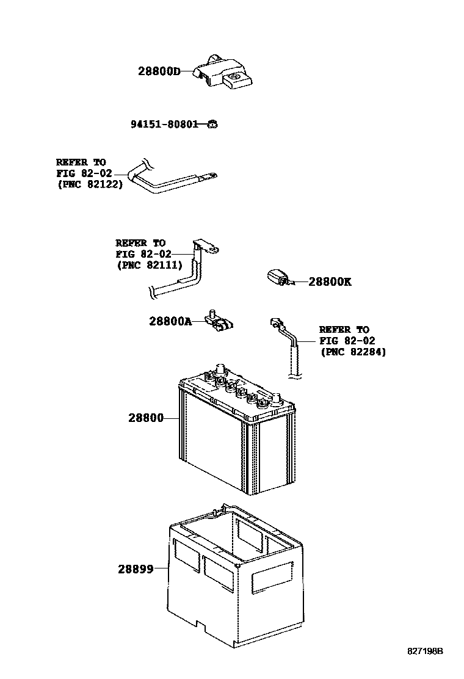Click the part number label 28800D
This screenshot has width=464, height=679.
point(159,71)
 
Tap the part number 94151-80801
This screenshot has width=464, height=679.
point(164,125)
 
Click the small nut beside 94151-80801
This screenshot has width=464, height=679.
point(212,125)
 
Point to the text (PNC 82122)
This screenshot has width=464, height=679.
point(89,184)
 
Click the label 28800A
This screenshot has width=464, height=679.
point(170,321)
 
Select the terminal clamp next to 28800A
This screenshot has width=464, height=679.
point(219,322)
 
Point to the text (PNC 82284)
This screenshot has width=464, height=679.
point(353,352)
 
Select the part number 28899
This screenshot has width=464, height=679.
point(135,568)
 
